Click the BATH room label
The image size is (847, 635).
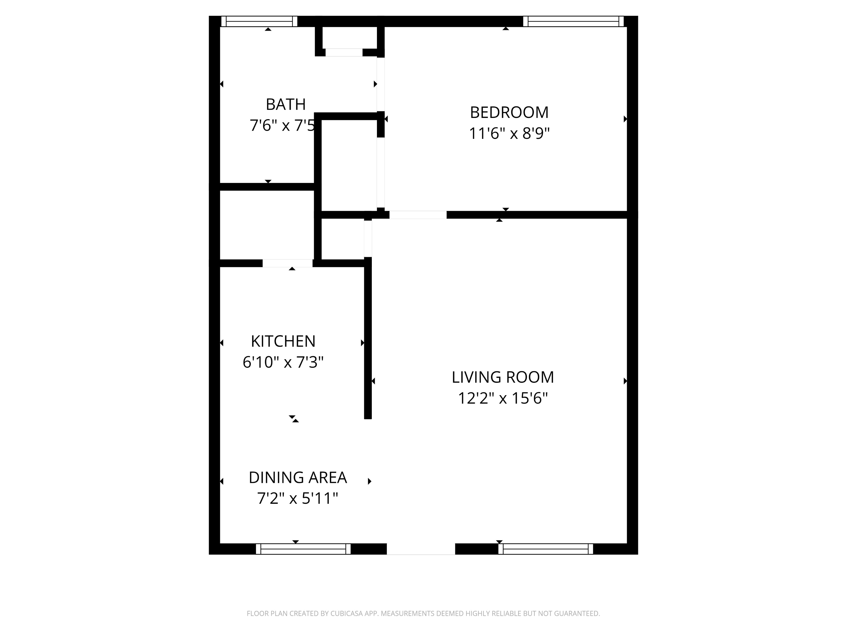tap(286, 104)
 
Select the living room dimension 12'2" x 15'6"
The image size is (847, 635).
tap(503, 398)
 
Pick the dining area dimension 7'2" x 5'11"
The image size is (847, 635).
tap(298, 499)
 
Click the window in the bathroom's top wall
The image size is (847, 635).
tap(259, 21)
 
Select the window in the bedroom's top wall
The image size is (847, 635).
tap(573, 21)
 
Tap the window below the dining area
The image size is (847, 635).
tap(303, 549)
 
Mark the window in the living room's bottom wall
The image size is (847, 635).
tap(546, 549)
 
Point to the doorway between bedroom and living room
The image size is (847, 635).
tap(418, 215)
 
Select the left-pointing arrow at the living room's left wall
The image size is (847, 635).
tap(373, 381)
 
